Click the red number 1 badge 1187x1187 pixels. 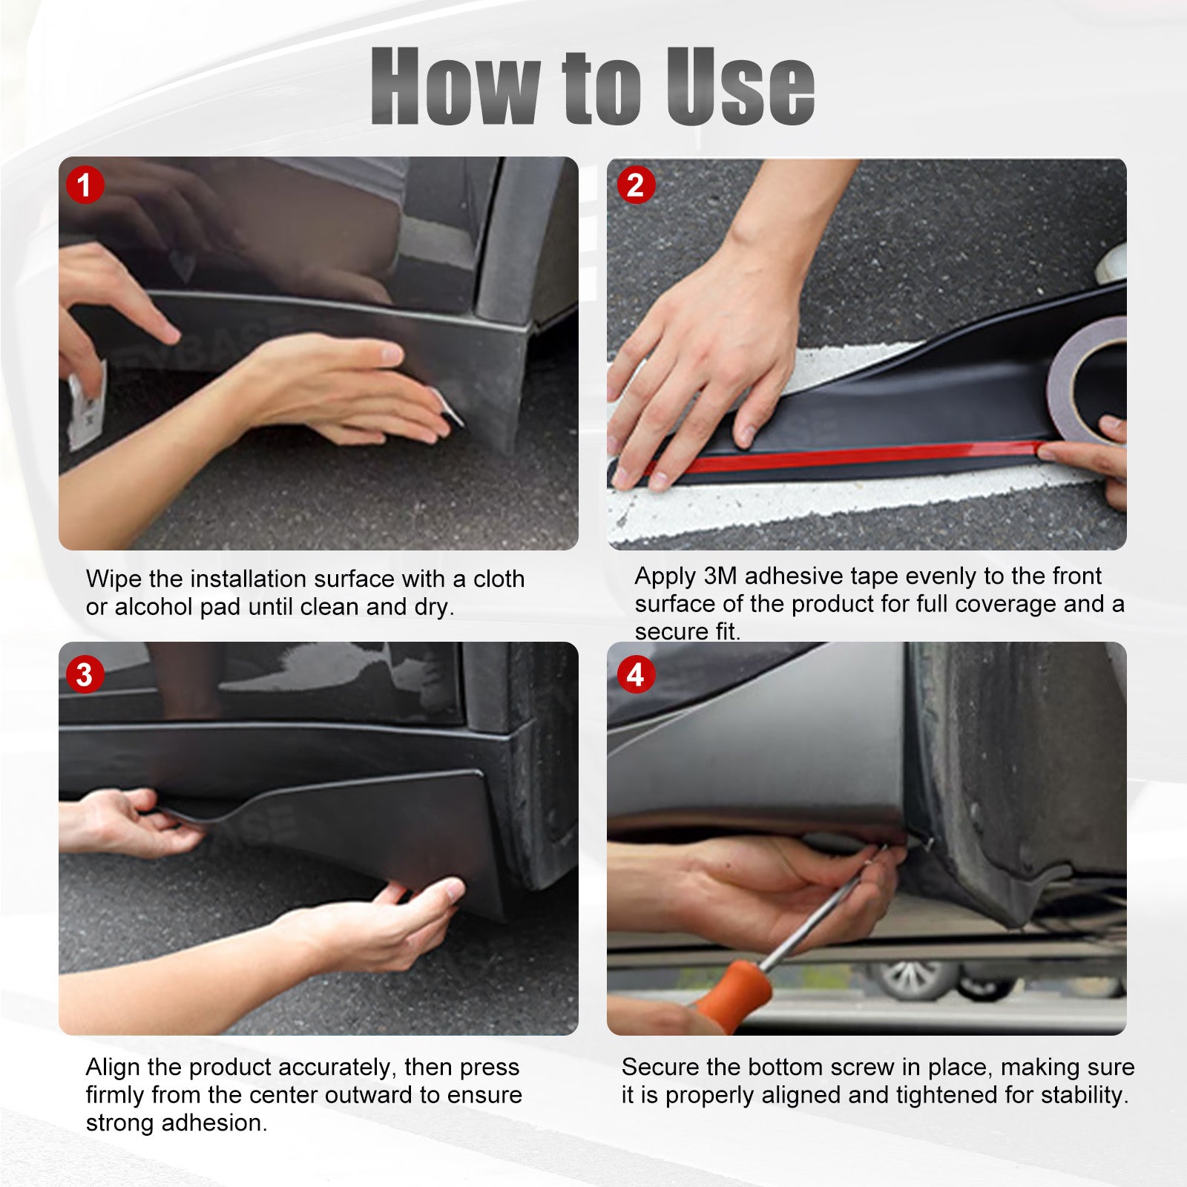pos(85,185)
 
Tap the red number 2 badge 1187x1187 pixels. pos(636,185)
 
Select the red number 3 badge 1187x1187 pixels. pos(85,675)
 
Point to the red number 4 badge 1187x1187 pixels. pos(636,675)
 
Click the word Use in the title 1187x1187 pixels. pos(740,86)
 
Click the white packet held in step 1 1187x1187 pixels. pos(85,407)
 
